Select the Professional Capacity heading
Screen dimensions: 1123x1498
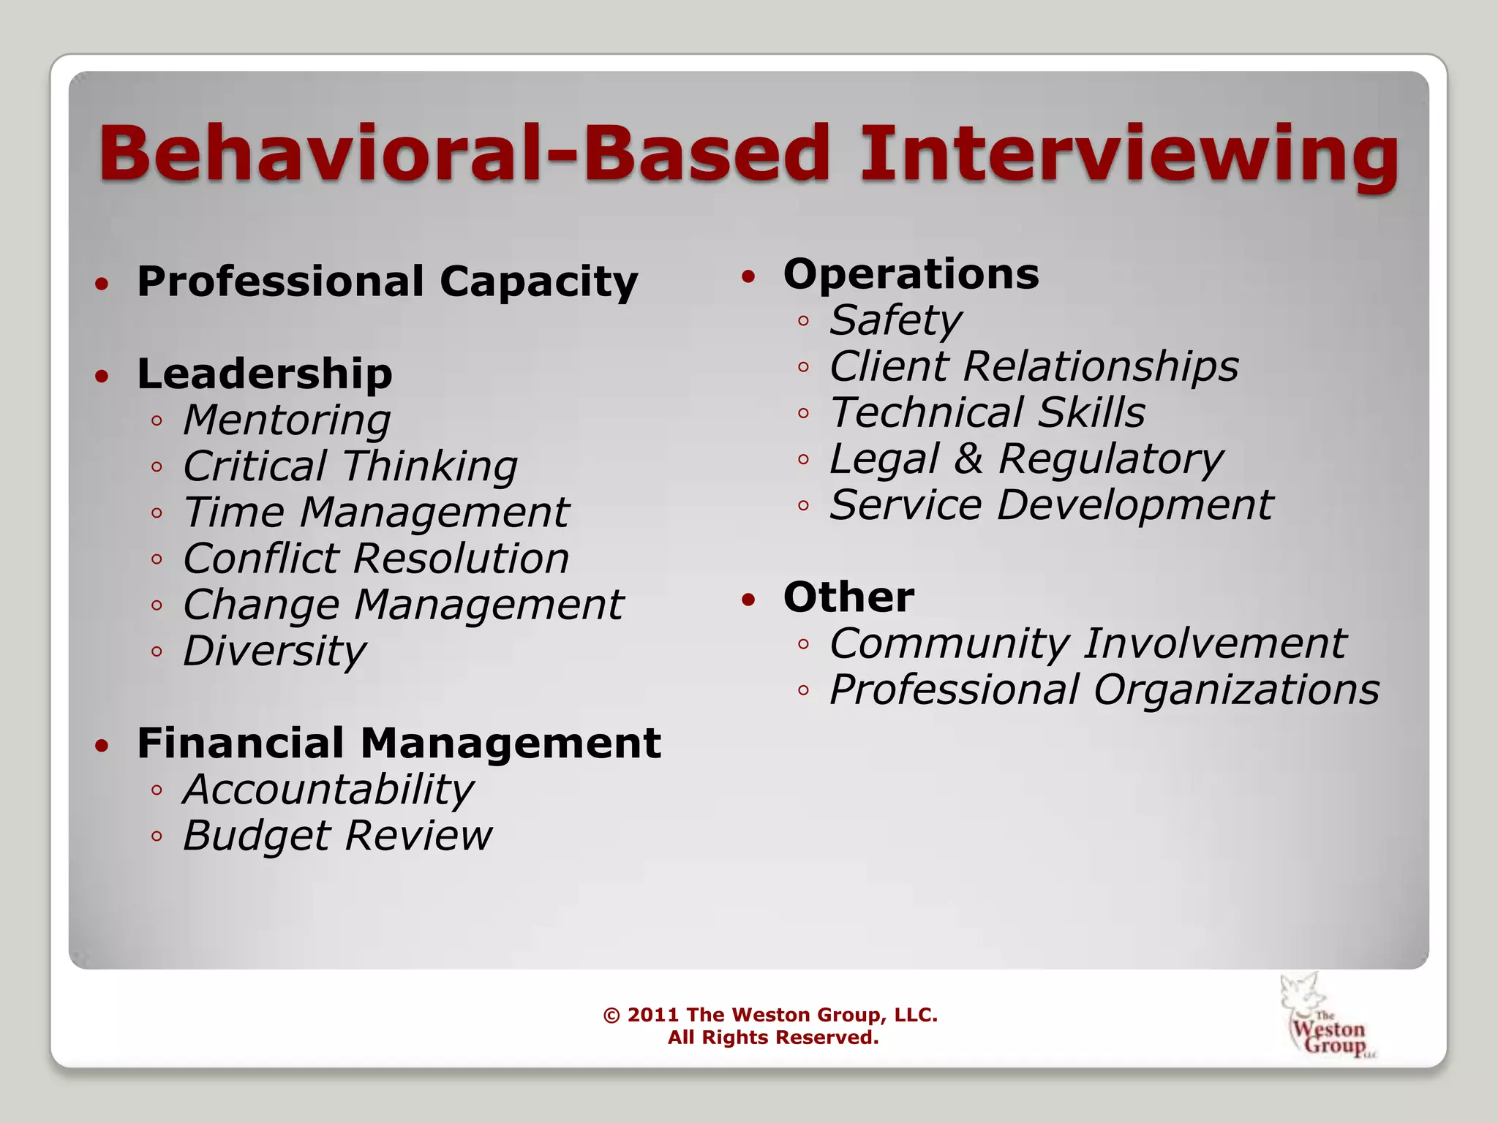point(388,282)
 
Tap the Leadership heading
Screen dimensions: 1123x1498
point(265,374)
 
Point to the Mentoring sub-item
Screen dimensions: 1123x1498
point(287,420)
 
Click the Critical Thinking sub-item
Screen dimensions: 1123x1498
point(350,466)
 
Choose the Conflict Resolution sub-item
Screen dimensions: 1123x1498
point(376,559)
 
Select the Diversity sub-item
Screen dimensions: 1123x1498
point(274,651)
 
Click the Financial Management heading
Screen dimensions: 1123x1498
point(399,744)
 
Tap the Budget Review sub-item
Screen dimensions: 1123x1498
point(337,836)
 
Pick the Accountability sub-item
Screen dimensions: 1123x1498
point(328,790)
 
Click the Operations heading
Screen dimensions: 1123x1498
point(911,275)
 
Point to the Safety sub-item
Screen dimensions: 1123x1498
point(895,320)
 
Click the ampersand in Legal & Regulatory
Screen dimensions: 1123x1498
point(968,459)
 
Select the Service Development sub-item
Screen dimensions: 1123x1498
point(1051,504)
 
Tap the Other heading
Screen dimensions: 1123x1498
point(848,597)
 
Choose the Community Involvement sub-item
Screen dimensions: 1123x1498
point(1088,643)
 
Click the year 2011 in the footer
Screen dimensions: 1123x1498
point(652,1015)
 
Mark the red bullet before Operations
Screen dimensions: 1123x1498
point(748,277)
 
